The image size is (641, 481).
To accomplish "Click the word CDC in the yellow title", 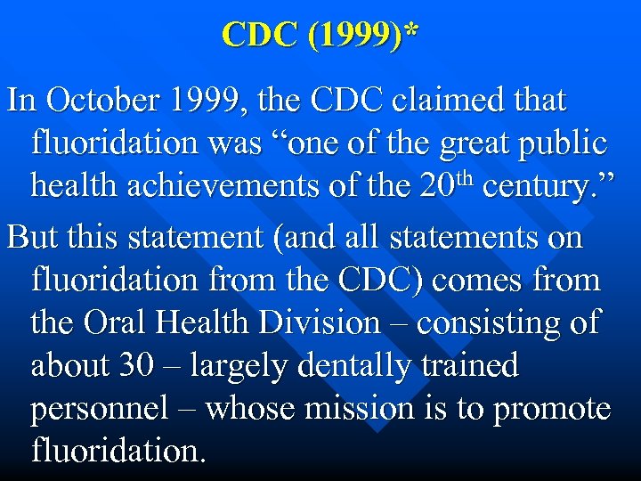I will (261, 35).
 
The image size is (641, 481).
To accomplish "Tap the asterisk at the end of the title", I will (410, 32).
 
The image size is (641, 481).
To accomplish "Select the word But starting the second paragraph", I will (35, 238).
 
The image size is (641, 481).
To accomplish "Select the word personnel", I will (100, 410).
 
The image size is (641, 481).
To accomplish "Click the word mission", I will (356, 409).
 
